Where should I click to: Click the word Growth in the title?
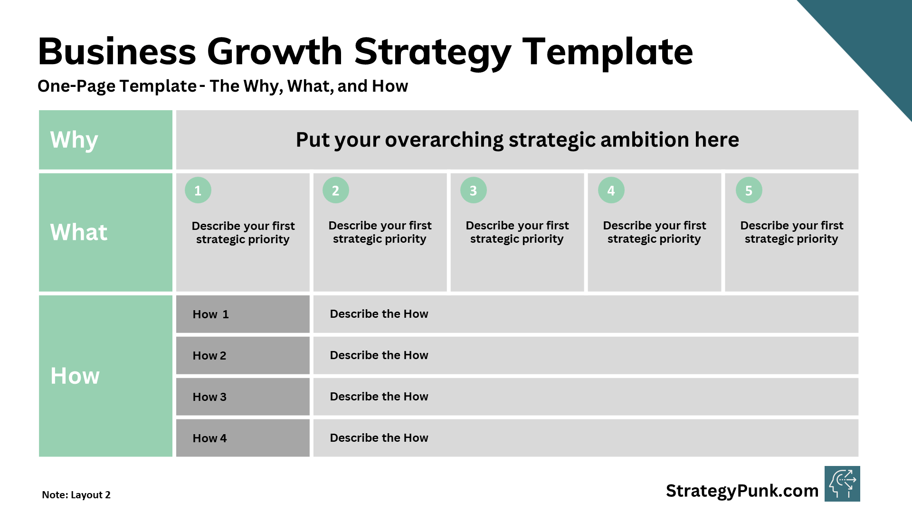coord(275,51)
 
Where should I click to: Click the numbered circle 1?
coord(198,190)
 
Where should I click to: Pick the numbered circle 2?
coord(335,190)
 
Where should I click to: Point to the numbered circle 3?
coord(473,190)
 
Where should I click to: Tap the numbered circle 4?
coord(611,190)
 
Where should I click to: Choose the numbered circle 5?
coord(749,190)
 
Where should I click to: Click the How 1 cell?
coord(243,314)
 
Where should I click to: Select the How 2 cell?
coord(243,355)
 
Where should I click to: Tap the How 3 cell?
coord(243,397)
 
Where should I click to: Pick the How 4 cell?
coord(243,438)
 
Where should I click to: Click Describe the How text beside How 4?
coord(379,438)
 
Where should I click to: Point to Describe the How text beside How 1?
coord(379,314)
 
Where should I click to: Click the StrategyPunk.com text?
coord(742,491)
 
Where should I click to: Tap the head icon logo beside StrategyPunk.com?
coord(842,484)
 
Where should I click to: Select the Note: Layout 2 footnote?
coord(76,495)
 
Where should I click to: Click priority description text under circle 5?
coord(791,232)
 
